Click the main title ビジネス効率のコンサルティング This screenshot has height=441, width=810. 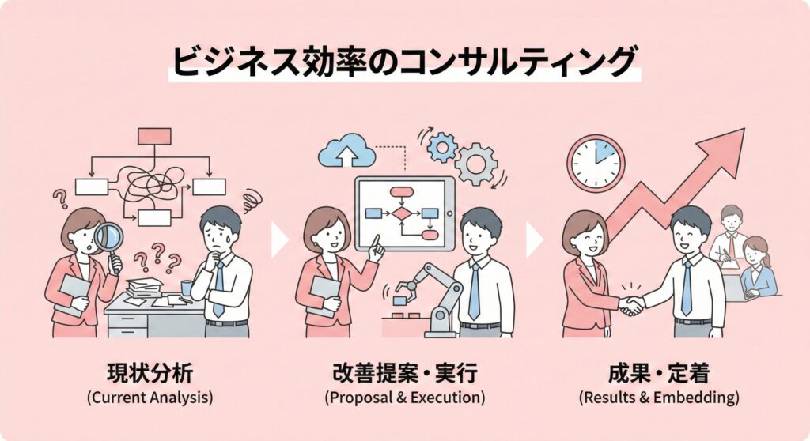[x=404, y=61]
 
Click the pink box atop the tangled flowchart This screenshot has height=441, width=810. [x=154, y=136]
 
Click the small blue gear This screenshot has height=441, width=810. [x=441, y=147]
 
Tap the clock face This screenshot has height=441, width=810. [x=596, y=163]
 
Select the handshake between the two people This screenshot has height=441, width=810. [x=631, y=305]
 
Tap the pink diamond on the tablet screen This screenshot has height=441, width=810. [x=403, y=213]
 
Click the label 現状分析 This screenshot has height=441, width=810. [x=150, y=373]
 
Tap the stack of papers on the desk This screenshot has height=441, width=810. [x=143, y=288]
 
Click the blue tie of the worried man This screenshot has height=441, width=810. [x=218, y=288]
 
